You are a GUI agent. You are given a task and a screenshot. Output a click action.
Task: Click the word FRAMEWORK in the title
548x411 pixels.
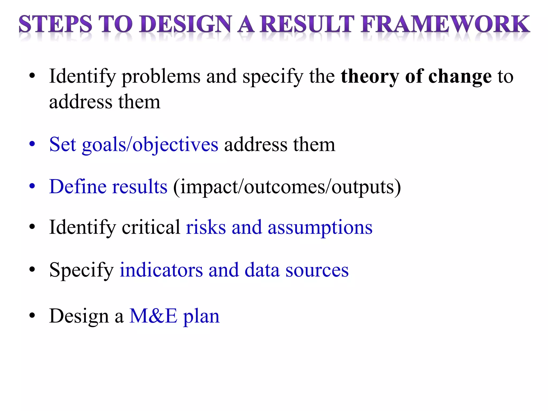tap(445, 24)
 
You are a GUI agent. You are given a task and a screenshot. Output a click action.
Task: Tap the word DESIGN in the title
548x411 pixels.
tap(185, 24)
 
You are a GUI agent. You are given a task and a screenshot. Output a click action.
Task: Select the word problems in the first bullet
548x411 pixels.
tap(161, 77)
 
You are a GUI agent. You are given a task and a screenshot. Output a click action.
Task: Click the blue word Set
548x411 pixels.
tap(63, 144)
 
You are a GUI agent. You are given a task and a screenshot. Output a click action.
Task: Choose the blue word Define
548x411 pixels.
tap(78, 187)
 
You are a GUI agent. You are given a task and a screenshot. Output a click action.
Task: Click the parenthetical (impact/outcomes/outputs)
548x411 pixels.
tap(287, 187)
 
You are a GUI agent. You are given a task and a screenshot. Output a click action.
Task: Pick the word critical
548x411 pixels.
tap(151, 227)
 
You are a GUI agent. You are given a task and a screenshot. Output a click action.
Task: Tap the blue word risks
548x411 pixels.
tap(206, 227)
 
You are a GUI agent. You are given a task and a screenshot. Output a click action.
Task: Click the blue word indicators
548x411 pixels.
tap(161, 270)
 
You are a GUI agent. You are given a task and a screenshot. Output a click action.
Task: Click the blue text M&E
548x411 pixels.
tap(153, 316)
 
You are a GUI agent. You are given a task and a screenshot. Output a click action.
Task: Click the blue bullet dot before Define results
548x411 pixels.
tap(32, 186)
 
